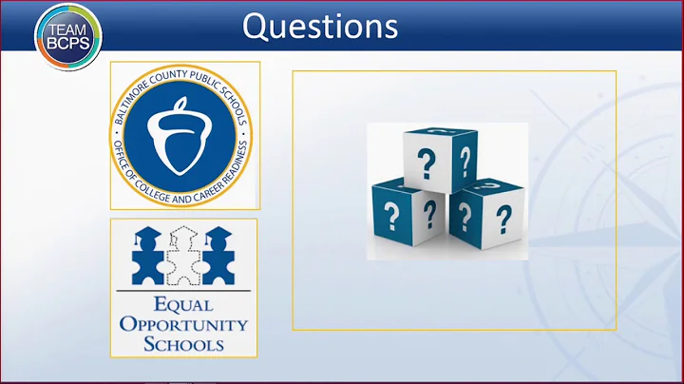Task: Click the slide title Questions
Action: (319, 26)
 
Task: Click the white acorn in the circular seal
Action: (184, 135)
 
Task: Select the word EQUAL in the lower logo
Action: (183, 306)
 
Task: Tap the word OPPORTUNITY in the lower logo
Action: (183, 324)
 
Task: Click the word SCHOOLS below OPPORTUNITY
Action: (183, 342)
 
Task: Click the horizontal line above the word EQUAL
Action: (183, 291)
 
